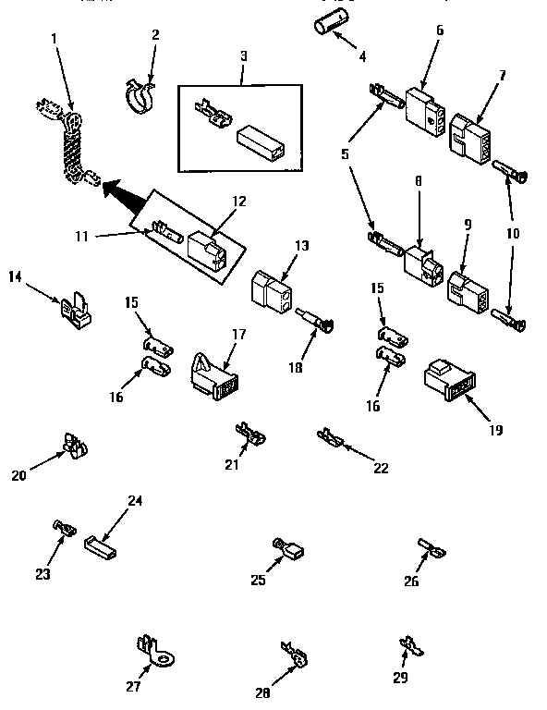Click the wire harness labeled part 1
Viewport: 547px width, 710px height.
click(70, 148)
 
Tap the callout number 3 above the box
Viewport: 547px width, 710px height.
click(242, 56)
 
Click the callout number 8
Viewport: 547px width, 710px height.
click(418, 183)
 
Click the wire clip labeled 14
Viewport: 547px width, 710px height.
click(77, 311)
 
